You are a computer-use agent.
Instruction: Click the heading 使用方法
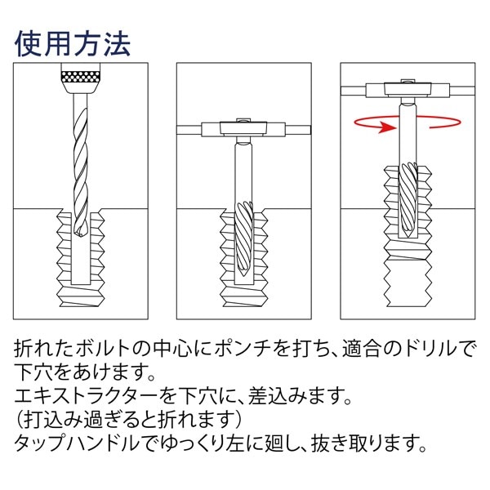pos(72,43)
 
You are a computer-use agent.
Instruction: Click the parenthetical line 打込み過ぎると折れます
pos(131,422)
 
